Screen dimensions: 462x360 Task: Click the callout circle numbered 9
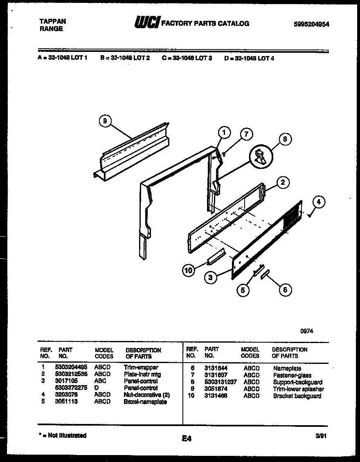[x=105, y=121]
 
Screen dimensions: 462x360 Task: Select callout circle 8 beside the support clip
[x=285, y=139]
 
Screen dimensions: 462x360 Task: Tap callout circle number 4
[x=320, y=202]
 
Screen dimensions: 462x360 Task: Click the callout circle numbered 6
[x=285, y=289]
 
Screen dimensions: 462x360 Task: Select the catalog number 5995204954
[x=311, y=24]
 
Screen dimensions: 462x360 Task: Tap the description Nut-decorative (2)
[x=146, y=395]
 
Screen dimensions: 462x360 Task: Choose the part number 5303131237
[x=220, y=382]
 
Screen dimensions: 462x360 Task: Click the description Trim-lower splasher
[x=298, y=389]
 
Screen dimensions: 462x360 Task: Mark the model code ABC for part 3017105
[x=100, y=381]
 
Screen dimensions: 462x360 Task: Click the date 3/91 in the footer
[x=322, y=436]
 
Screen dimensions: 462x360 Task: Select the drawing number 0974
[x=307, y=332]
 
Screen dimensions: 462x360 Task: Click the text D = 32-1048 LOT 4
[x=249, y=58]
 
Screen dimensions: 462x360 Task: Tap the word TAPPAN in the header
[x=52, y=21]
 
